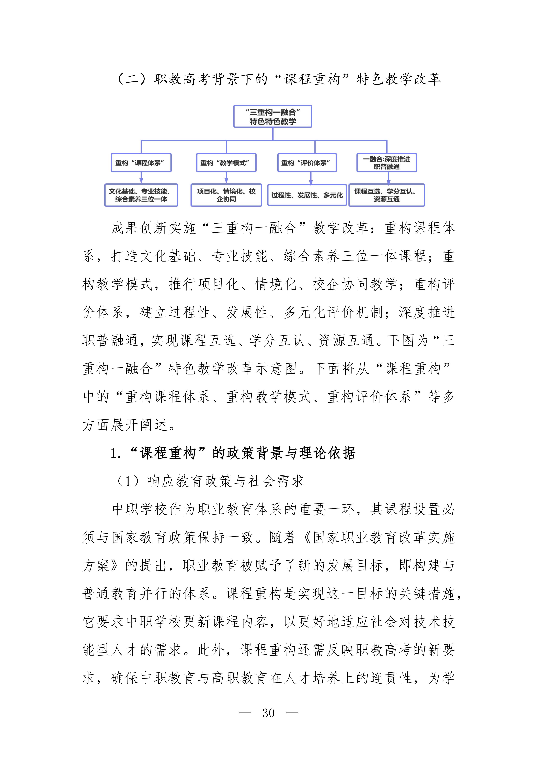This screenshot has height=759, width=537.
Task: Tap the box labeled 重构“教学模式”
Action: pyautogui.click(x=226, y=163)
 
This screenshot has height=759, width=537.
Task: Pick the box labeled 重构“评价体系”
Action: pyautogui.click(x=307, y=163)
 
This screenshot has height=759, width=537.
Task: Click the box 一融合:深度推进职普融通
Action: pyautogui.click(x=386, y=163)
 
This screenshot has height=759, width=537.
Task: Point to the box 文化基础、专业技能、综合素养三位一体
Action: pyautogui.click(x=141, y=195)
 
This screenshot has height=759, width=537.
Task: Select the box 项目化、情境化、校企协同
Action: pyautogui.click(x=226, y=195)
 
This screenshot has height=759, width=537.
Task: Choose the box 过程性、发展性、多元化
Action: pyautogui.click(x=307, y=195)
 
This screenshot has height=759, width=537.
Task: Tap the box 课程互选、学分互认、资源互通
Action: pyautogui.click(x=386, y=195)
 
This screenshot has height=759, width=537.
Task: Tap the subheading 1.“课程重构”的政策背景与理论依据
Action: pyautogui.click(x=233, y=453)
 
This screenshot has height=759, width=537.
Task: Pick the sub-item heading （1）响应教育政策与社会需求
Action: pyautogui.click(x=210, y=481)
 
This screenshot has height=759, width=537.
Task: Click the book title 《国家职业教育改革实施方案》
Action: pyautogui.click(x=379, y=538)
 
